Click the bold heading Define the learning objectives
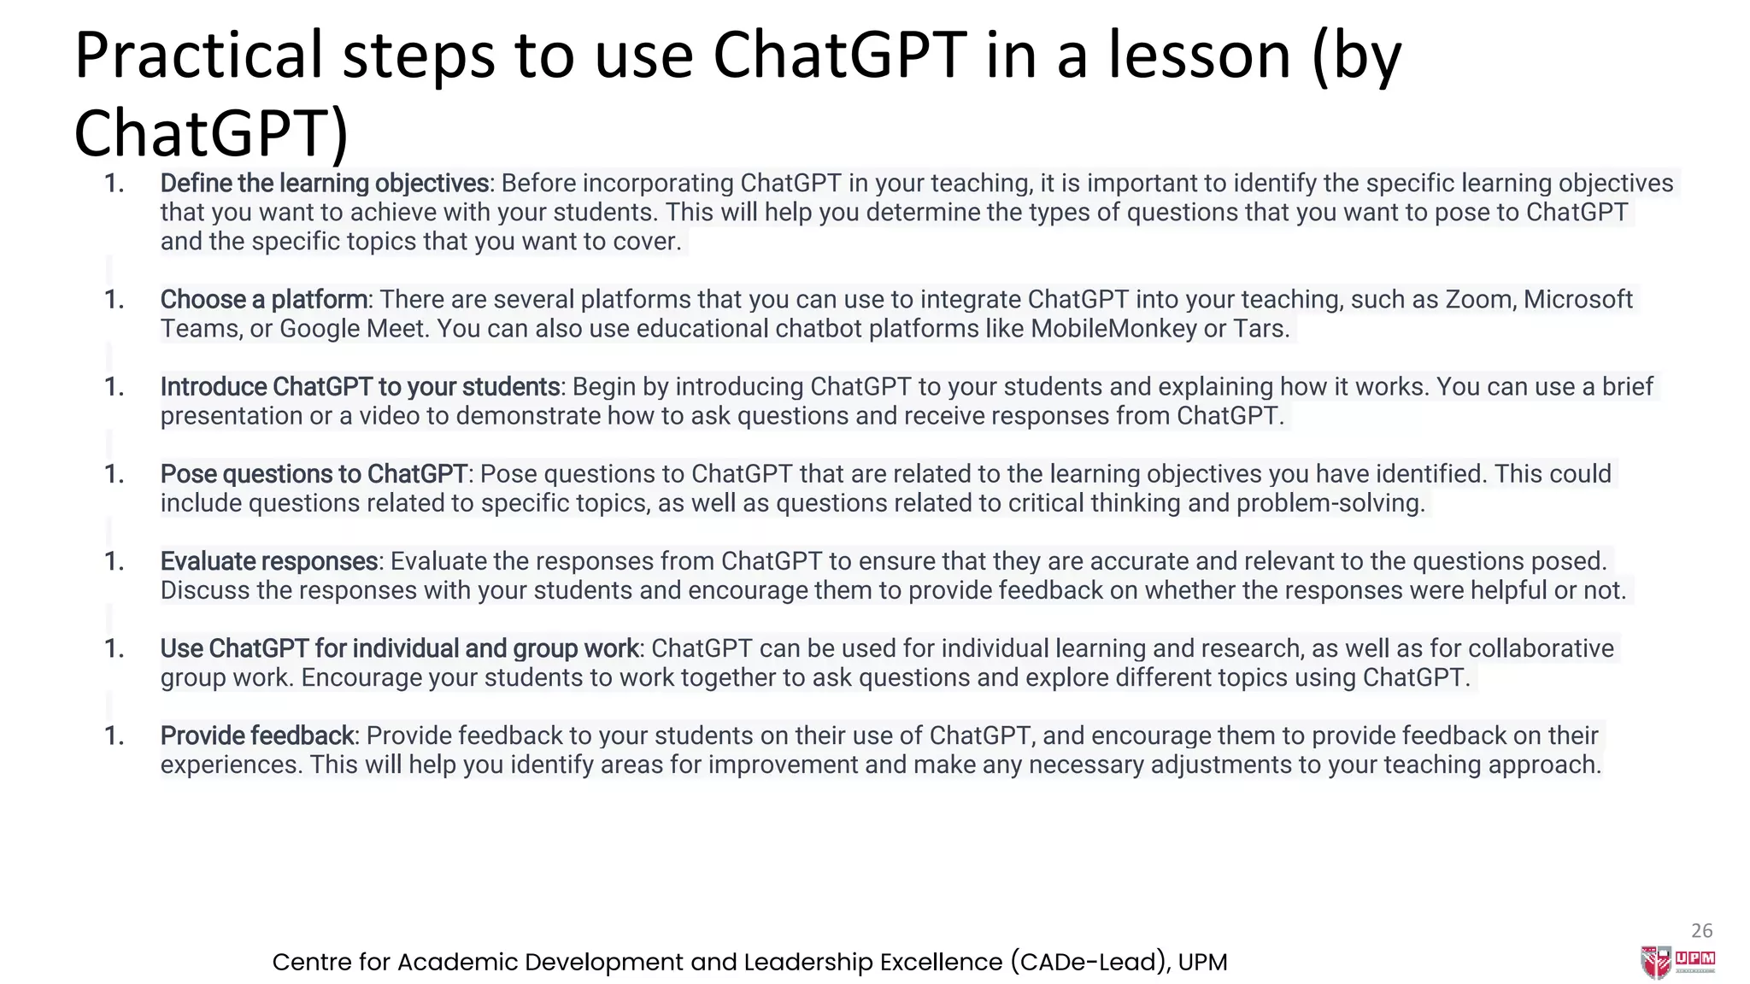324,184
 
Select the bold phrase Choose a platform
264,300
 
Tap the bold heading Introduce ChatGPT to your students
360,387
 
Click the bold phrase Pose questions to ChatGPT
314,474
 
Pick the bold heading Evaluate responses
269,561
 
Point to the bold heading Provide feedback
257,735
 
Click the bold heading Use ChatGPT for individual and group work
399,648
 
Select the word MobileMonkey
1113,329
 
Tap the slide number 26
1701,930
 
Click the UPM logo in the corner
1677,962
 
